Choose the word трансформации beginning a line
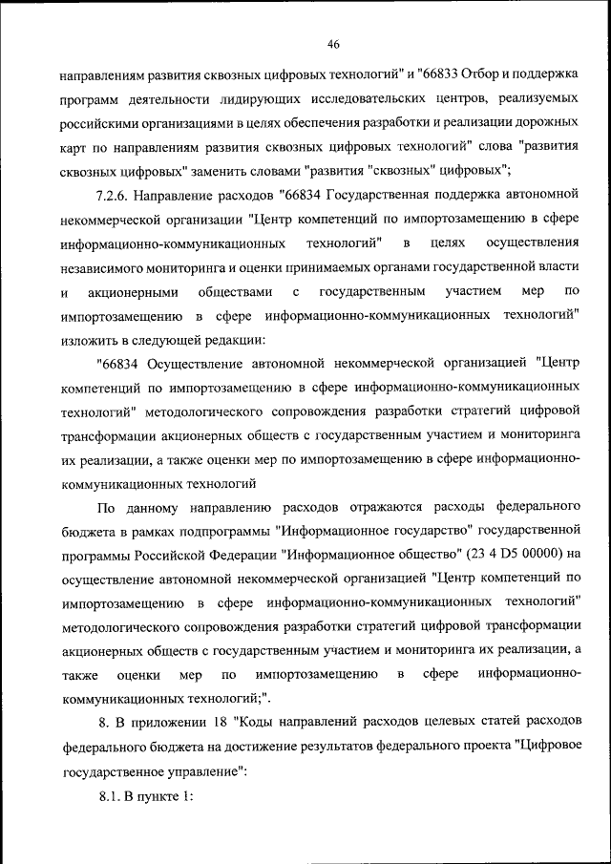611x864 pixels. (x=106, y=436)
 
